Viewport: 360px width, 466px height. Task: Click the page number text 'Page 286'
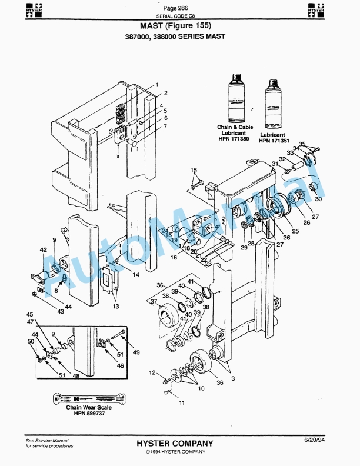click(x=175, y=8)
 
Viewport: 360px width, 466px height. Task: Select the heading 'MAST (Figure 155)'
click(x=175, y=26)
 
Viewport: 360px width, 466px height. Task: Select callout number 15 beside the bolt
click(x=193, y=170)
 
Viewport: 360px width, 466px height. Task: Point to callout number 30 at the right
click(x=319, y=199)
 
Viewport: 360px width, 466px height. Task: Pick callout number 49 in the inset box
click(x=136, y=352)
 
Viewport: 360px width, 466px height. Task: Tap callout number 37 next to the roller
click(x=154, y=302)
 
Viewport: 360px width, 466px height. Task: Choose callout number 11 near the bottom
click(x=182, y=402)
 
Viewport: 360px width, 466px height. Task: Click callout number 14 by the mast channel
click(x=135, y=275)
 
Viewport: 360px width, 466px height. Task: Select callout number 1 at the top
click(x=157, y=85)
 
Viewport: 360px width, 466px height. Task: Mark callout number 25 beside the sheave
click(x=295, y=231)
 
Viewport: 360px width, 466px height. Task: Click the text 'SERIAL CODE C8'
click(x=175, y=16)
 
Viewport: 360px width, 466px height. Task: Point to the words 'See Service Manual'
click(x=47, y=440)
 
